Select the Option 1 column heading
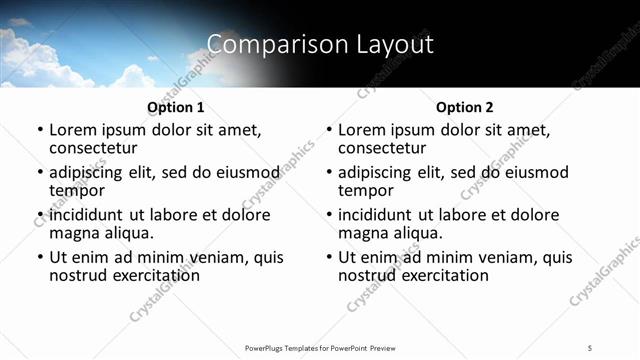click(176, 107)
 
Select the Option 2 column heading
click(465, 107)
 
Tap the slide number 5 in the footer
click(590, 347)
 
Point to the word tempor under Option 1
click(77, 190)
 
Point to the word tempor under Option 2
click(366, 190)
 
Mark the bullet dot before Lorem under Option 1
click(40, 130)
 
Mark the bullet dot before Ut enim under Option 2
click(329, 258)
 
